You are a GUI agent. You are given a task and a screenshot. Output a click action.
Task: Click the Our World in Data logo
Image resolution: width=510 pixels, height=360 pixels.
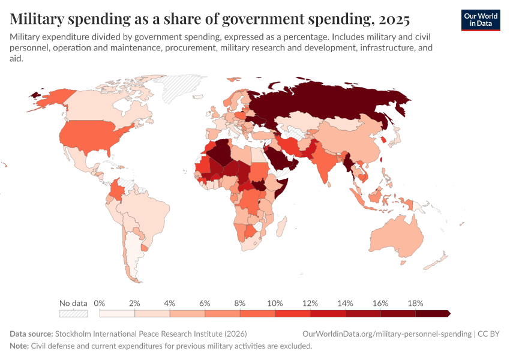pyautogui.click(x=481, y=20)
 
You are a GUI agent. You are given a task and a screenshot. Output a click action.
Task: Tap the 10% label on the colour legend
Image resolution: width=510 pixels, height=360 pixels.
pyautogui.click(x=275, y=303)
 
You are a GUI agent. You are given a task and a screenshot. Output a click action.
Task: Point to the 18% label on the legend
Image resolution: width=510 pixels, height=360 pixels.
pyautogui.click(x=415, y=303)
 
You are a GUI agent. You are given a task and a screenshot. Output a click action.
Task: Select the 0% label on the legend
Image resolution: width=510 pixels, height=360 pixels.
pyautogui.click(x=100, y=303)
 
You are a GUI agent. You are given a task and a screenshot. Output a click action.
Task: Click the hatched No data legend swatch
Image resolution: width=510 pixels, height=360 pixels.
pyautogui.click(x=73, y=313)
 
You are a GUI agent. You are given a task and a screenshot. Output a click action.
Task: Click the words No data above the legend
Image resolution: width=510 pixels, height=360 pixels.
pyautogui.click(x=73, y=303)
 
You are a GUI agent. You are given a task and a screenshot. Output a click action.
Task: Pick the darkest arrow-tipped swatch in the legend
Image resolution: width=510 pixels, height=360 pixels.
pyautogui.click(x=433, y=313)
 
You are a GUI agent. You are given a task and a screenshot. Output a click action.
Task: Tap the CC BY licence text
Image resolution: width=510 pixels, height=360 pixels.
pyautogui.click(x=490, y=334)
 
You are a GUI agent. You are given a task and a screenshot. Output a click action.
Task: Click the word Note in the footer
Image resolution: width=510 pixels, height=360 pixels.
pyautogui.click(x=20, y=346)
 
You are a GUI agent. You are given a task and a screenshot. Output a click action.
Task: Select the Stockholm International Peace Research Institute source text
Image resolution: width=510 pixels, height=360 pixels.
pyautogui.click(x=151, y=334)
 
